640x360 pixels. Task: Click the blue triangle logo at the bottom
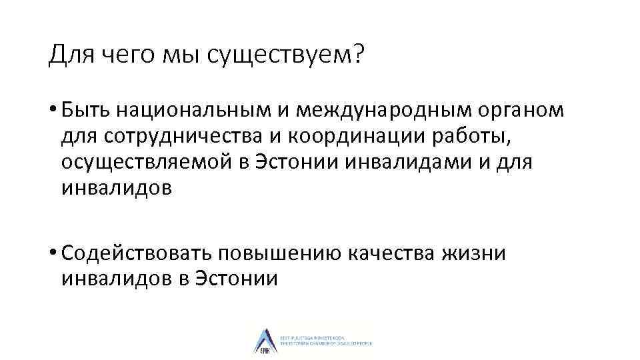(263, 340)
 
